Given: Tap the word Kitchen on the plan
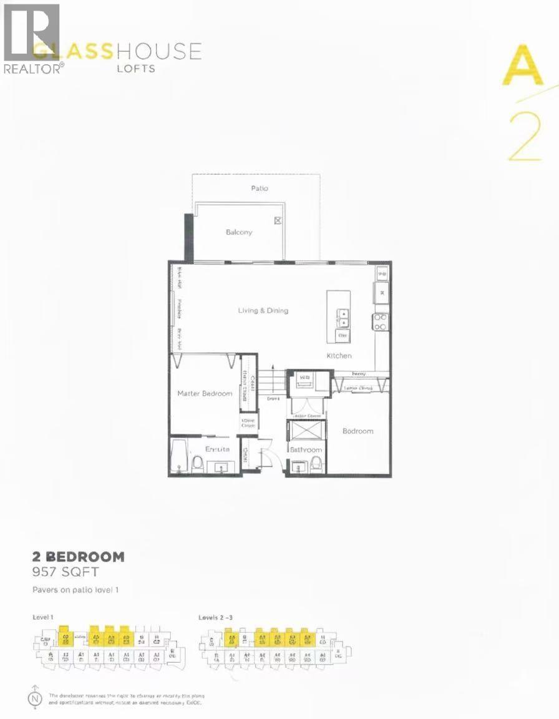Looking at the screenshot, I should [339, 356].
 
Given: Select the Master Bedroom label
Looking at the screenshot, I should [205, 393].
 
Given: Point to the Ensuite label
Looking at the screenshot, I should [218, 449].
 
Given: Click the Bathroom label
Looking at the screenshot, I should [306, 449].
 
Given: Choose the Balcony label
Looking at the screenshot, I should [239, 232].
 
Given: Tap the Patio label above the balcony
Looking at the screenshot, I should [260, 188].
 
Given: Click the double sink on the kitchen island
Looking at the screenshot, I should [343, 318].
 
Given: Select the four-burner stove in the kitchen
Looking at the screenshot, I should [380, 321].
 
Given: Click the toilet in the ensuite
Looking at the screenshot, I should [198, 462].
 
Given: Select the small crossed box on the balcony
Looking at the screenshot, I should [278, 220].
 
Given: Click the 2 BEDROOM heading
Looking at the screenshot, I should [78, 557].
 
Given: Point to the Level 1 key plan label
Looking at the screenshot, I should [42, 617].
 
